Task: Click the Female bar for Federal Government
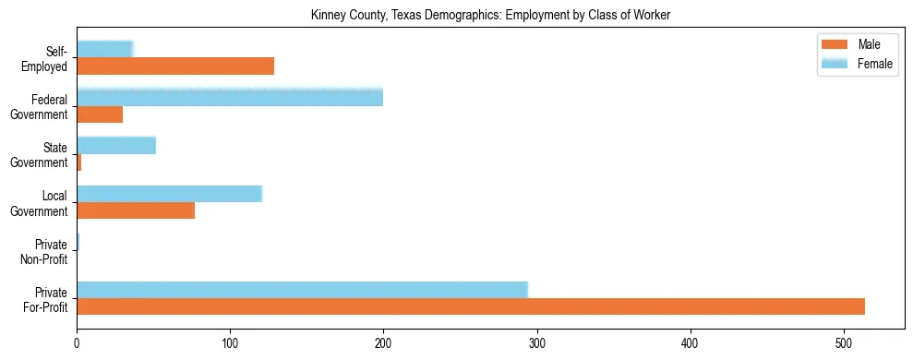230,97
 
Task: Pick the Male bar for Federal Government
100,114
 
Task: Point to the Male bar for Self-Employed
175,66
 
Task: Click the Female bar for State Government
116,145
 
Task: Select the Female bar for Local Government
170,193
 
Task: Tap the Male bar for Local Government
136,210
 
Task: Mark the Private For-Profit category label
45,299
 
